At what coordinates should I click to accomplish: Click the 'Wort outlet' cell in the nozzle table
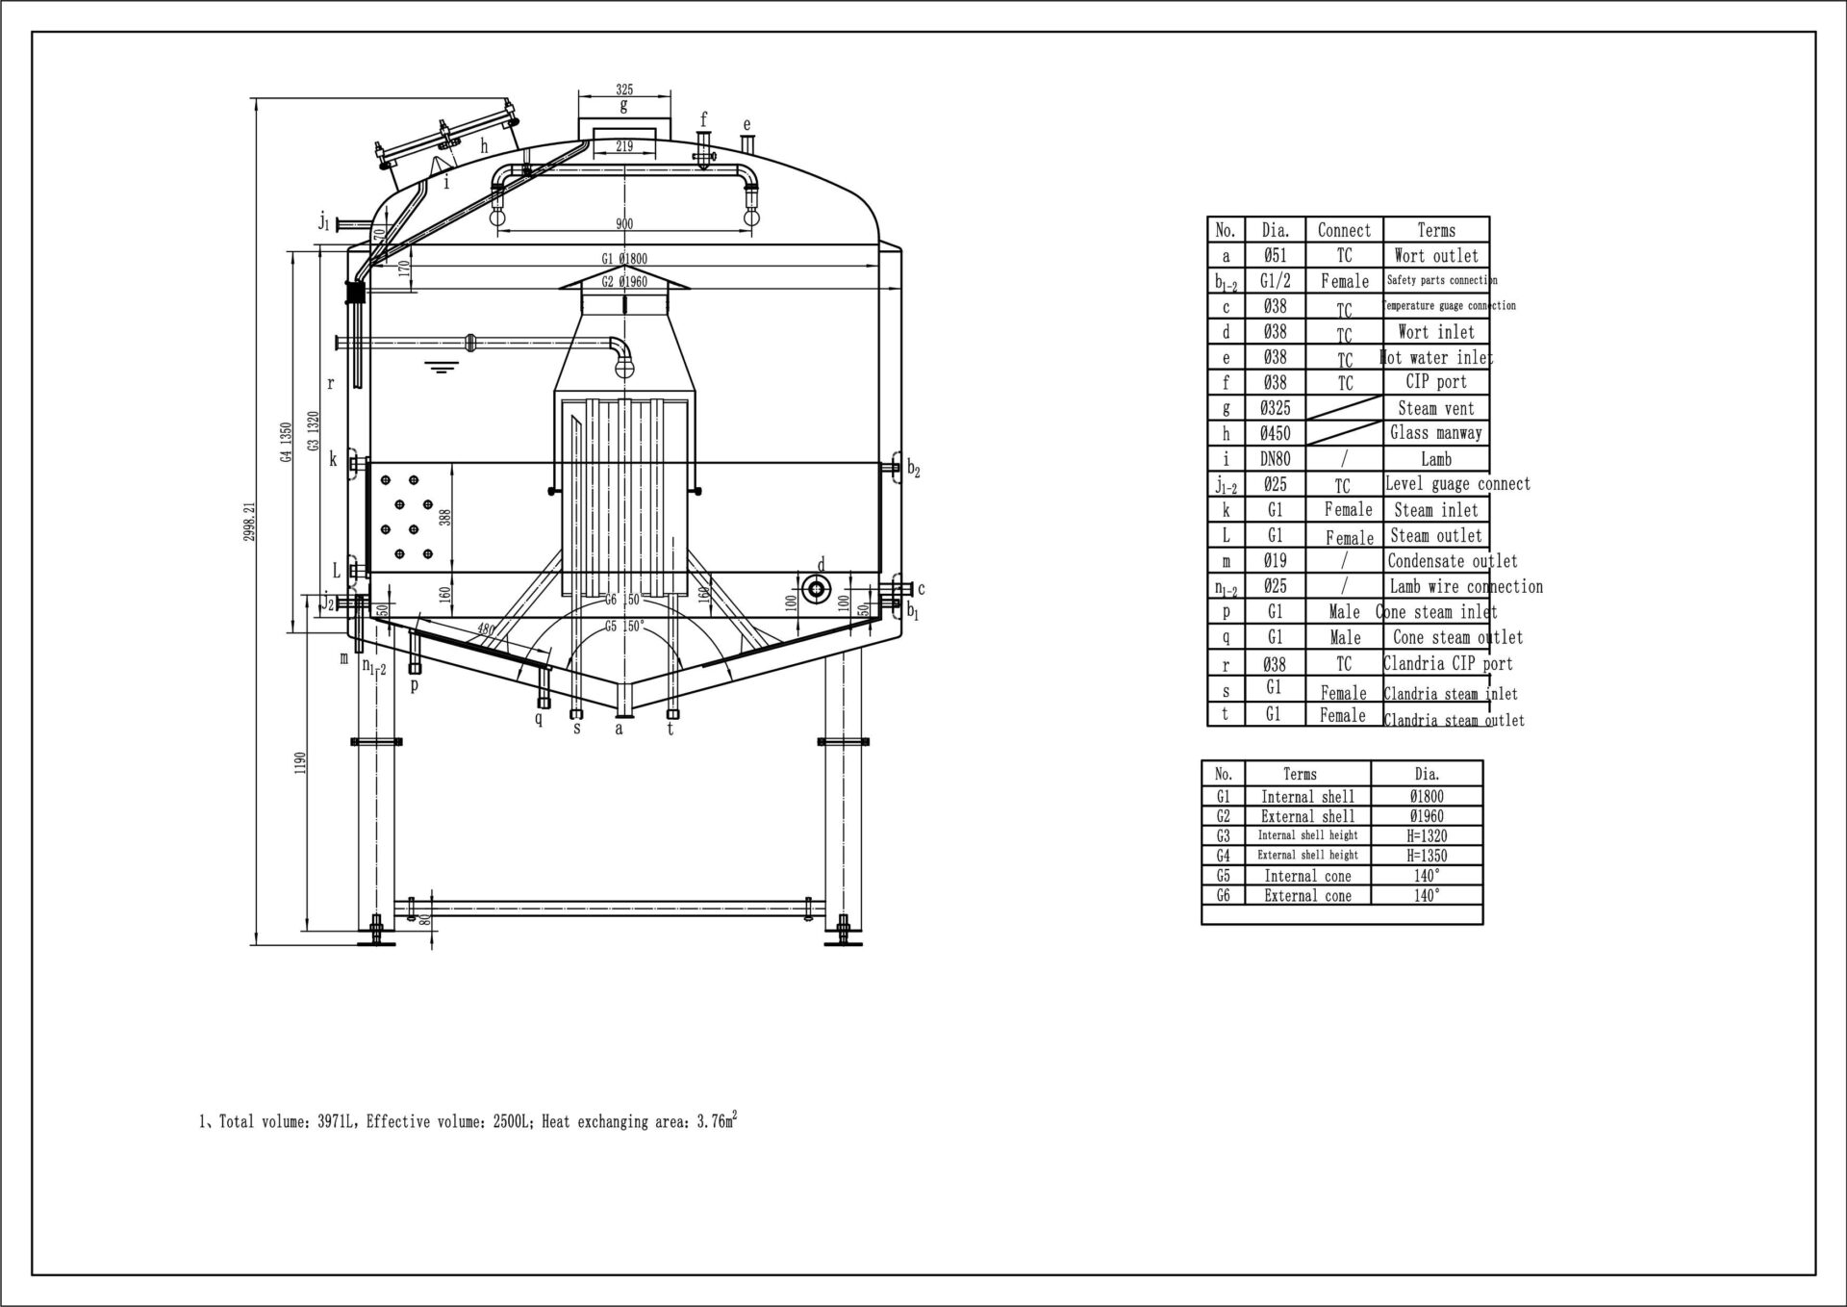point(1435,256)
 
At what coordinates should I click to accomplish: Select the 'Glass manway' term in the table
point(1435,433)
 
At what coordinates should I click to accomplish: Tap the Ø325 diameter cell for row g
point(1276,408)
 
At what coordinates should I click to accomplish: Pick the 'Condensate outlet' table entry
point(1452,561)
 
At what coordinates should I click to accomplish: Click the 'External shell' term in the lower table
point(1307,816)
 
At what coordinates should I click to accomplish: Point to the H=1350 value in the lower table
point(1427,856)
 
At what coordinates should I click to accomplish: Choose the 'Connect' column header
point(1344,230)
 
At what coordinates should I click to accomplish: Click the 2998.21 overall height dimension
point(249,520)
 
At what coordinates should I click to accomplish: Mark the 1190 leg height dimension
point(300,763)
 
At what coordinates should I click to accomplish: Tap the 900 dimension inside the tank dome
point(623,224)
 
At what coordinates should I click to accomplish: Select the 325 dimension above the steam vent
point(623,89)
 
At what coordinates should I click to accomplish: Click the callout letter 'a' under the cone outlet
point(620,730)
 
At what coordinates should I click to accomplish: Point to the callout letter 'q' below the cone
point(539,718)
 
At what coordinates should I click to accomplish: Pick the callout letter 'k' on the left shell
point(333,460)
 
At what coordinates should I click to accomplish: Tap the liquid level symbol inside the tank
point(441,367)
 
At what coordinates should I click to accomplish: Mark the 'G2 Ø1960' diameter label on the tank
point(623,282)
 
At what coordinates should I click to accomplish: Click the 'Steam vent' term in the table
point(1435,408)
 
